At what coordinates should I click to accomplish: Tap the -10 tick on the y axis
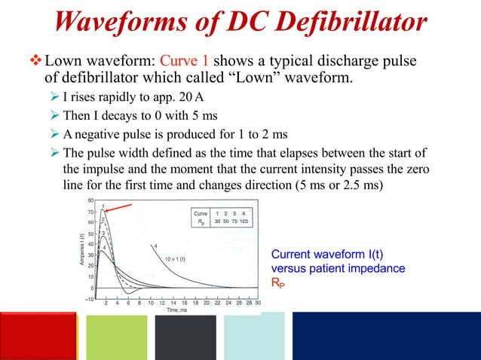(88, 298)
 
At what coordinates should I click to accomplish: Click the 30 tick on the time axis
(258, 303)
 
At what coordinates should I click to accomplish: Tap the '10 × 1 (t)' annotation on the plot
(175, 259)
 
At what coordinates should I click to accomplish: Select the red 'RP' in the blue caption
(277, 282)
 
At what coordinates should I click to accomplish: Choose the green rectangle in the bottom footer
(113, 336)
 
